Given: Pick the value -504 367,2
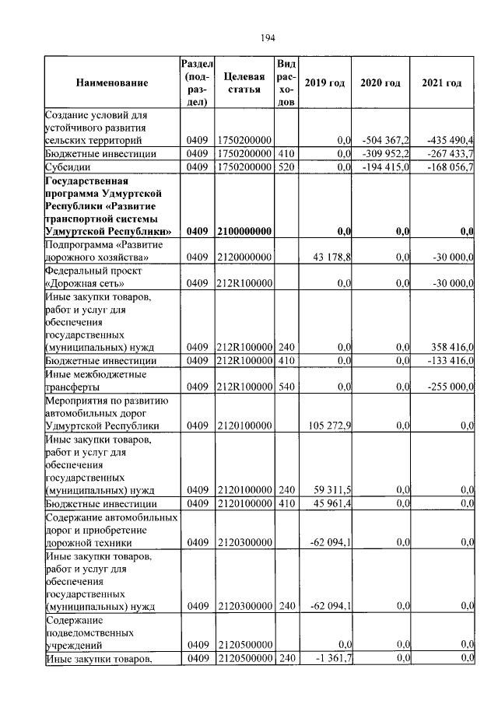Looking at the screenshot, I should (x=386, y=140).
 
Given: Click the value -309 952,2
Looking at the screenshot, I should (x=386, y=153).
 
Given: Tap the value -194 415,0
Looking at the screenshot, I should (x=386, y=166).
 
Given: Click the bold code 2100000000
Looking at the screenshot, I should (x=244, y=231).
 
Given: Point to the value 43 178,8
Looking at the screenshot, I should (x=332, y=257).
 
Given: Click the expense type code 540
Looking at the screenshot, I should (x=286, y=386).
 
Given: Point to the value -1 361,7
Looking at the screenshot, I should (x=335, y=658).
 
